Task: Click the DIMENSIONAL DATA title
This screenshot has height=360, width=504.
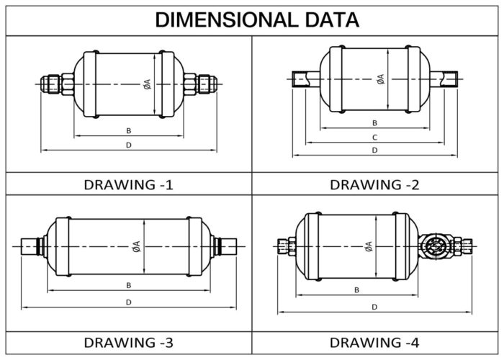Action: (257, 19)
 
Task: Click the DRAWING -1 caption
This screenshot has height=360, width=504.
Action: (128, 184)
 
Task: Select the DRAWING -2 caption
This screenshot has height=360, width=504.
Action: (374, 184)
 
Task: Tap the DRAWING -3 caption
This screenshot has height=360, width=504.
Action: (128, 341)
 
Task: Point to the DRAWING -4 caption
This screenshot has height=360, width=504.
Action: (374, 341)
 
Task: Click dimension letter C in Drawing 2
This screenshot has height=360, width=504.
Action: (374, 137)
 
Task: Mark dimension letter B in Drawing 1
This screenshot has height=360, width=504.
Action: (128, 130)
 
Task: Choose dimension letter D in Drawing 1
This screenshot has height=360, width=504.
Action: (128, 145)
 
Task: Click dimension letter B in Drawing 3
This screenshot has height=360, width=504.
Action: (128, 285)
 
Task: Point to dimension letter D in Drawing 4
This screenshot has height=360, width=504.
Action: (374, 307)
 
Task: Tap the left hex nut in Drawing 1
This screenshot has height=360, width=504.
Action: (68, 84)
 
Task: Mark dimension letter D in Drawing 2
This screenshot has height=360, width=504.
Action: (374, 150)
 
